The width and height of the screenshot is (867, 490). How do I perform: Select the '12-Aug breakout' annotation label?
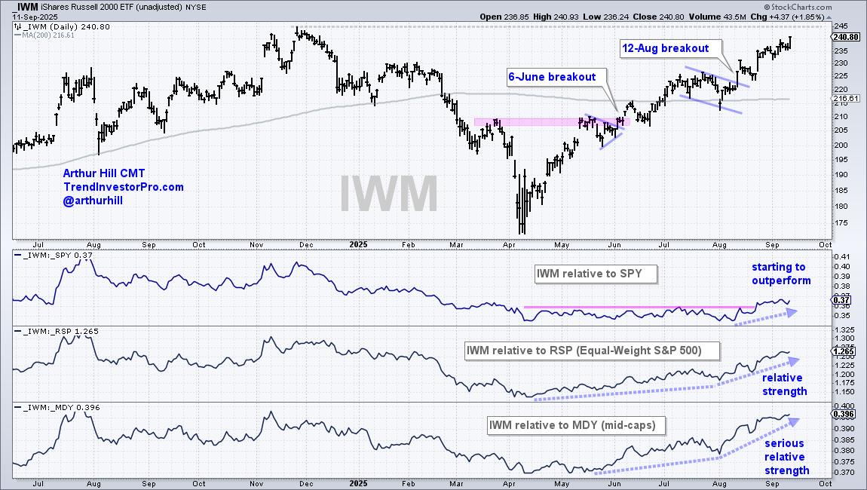[x=666, y=48]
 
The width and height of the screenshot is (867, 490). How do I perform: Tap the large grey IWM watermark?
[x=388, y=193]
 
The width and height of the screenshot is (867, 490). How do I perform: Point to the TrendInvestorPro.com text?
[x=123, y=187]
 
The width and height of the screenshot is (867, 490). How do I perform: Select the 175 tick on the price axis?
[x=839, y=223]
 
